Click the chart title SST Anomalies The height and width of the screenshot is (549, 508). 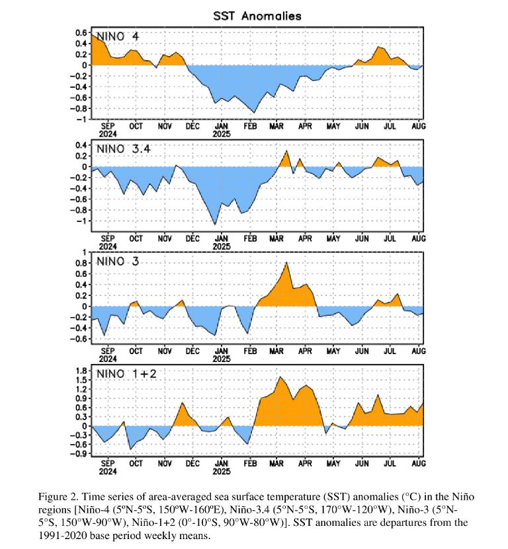pyautogui.click(x=258, y=15)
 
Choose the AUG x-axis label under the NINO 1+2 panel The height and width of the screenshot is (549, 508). pyautogui.click(x=419, y=464)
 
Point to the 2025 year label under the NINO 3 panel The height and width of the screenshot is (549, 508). pyautogui.click(x=222, y=360)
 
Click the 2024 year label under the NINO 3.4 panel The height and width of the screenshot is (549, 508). pyautogui.click(x=108, y=245)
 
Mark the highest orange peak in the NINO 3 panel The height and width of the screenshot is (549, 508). pyautogui.click(x=286, y=262)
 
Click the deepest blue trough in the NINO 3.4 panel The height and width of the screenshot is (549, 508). pyautogui.click(x=216, y=225)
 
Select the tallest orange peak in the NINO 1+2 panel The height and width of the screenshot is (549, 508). pyautogui.click(x=280, y=377)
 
